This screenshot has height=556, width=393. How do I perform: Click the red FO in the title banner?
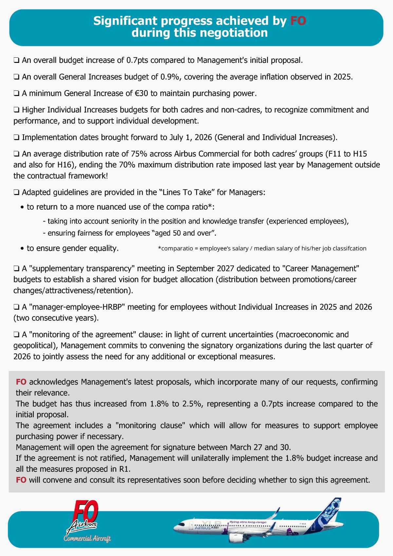coord(298,21)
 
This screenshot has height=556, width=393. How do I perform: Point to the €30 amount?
coord(141,93)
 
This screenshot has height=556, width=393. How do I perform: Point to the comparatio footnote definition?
coord(262,249)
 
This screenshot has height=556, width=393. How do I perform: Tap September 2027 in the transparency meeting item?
coord(205,269)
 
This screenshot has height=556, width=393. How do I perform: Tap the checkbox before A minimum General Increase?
coord(16,94)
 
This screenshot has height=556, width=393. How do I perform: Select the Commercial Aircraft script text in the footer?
coord(87,539)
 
